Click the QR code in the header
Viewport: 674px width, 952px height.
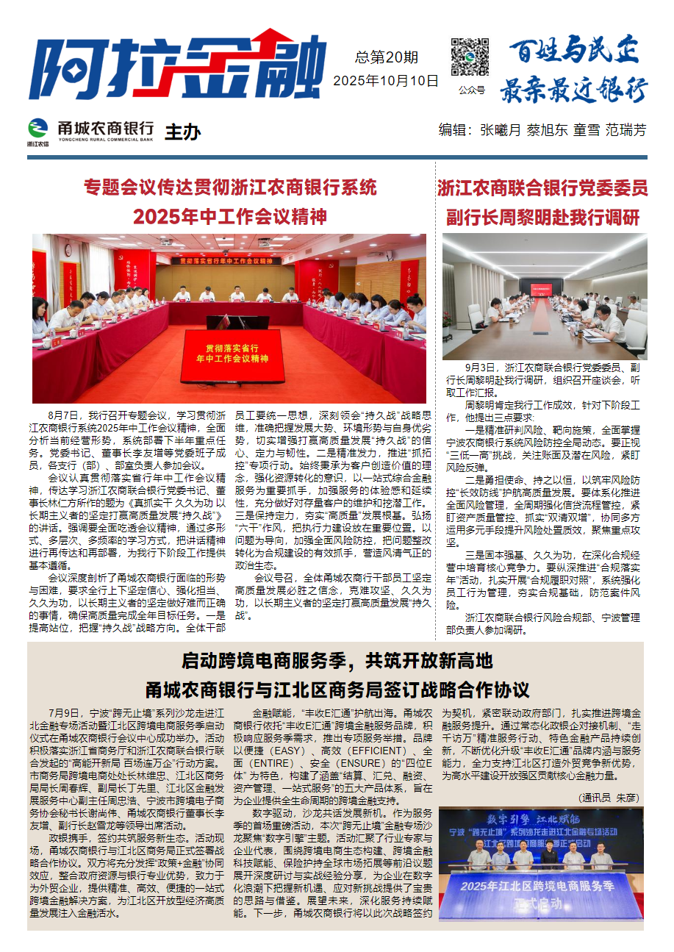470,57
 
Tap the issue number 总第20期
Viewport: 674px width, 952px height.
386,57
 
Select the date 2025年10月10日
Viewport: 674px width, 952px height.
386,80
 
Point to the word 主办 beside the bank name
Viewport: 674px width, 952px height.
182,132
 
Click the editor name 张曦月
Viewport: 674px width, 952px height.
501,130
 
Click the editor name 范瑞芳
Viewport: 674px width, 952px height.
625,130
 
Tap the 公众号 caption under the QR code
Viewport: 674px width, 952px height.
471,90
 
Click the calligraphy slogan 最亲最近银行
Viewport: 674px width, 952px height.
573,90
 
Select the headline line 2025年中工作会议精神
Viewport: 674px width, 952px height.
229,217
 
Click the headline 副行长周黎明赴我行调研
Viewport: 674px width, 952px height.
543,218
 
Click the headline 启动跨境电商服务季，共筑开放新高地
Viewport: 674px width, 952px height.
337,660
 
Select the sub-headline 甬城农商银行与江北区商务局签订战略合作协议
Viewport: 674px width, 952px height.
337,690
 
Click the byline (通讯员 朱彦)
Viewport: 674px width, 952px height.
609,797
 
